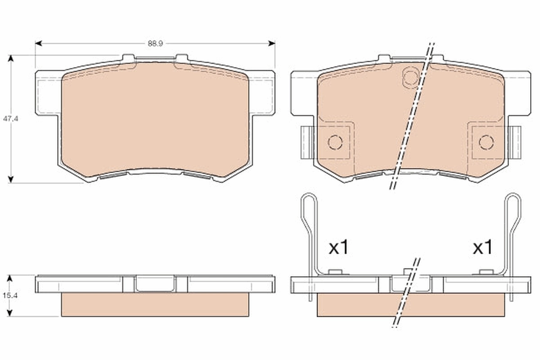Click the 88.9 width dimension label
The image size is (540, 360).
pos(155,44)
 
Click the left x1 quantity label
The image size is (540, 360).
pos(338,247)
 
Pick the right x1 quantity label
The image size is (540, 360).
pos(482,247)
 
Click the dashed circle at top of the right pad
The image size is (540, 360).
pos(410,77)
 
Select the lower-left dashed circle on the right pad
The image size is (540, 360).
pos(335,142)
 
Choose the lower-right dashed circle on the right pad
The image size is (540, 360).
pos(486,142)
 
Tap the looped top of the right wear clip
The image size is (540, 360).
pos(513,200)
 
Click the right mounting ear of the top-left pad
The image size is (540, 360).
pos(262,92)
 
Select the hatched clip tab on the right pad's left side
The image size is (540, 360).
pos(306,142)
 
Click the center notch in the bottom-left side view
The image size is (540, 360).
pos(155,283)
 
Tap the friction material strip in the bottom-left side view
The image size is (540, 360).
pos(155,304)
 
